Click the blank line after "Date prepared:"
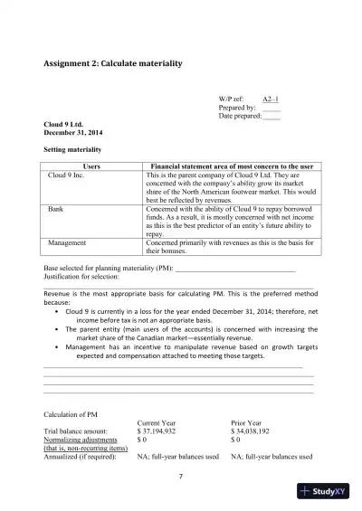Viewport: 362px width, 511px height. tap(271, 117)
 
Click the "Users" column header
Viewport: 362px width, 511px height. tap(91, 167)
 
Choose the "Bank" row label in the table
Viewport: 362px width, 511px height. tap(55, 208)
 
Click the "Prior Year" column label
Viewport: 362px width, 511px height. tap(249, 423)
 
